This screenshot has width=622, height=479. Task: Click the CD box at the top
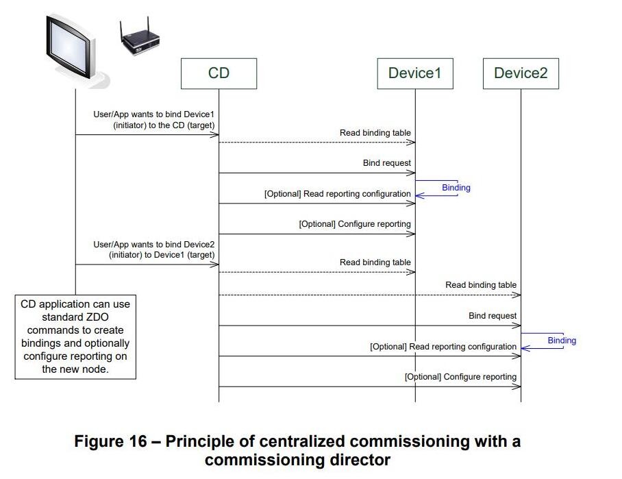[219, 73]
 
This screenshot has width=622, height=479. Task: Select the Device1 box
[414, 73]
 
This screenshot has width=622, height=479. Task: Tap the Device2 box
[521, 73]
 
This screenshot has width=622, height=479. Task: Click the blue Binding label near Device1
[456, 188]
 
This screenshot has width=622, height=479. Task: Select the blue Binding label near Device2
[562, 341]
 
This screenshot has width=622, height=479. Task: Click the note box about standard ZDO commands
[75, 336]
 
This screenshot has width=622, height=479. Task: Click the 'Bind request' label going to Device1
[387, 164]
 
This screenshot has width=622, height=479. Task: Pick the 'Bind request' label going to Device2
[493, 316]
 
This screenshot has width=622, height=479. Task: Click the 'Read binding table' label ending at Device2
[481, 285]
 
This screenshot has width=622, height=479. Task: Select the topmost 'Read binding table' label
[375, 133]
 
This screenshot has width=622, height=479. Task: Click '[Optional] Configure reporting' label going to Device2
[460, 377]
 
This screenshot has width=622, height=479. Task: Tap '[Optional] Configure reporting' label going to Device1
[355, 224]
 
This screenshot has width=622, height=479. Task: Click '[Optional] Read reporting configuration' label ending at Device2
[443, 347]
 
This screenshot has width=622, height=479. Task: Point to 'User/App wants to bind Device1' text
[158, 114]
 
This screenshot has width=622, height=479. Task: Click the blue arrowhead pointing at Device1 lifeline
[419, 196]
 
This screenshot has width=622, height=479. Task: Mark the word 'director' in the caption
[356, 460]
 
